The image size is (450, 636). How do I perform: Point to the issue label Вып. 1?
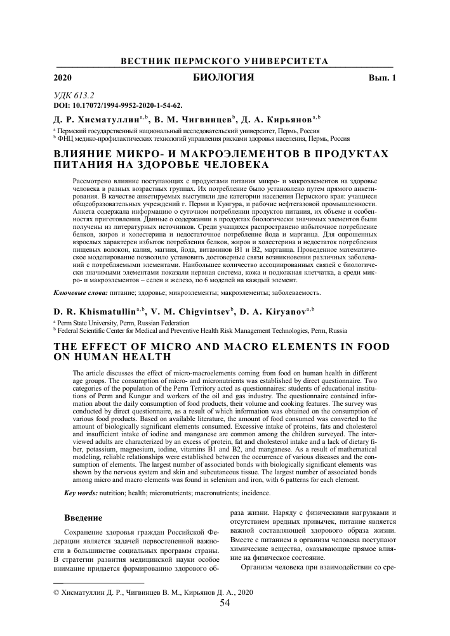coord(381,79)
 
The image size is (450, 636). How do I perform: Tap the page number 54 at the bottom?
coord(225,603)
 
